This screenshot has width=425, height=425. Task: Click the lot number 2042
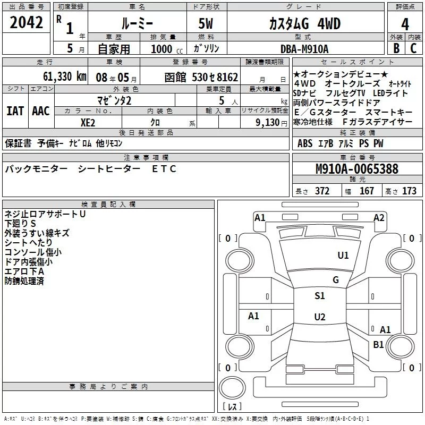click(26, 23)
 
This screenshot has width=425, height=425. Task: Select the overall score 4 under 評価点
click(405, 24)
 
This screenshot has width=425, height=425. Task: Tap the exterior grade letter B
click(396, 48)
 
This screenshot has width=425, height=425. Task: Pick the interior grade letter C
click(413, 48)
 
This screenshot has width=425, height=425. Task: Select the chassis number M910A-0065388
click(357, 169)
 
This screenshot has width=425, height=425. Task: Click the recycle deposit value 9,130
click(268, 122)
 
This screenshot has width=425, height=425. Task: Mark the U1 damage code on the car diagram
click(343, 256)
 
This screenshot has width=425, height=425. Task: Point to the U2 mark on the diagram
click(319, 317)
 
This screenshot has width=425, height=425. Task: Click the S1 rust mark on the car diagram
click(319, 296)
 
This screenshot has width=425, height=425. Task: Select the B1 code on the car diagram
click(378, 345)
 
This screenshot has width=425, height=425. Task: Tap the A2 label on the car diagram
click(379, 217)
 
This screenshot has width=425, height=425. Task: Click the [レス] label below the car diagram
click(232, 407)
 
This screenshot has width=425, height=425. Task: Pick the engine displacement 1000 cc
click(163, 49)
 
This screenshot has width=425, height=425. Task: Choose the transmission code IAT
click(14, 111)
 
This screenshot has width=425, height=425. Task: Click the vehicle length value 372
click(322, 191)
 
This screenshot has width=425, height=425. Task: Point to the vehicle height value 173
click(409, 191)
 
